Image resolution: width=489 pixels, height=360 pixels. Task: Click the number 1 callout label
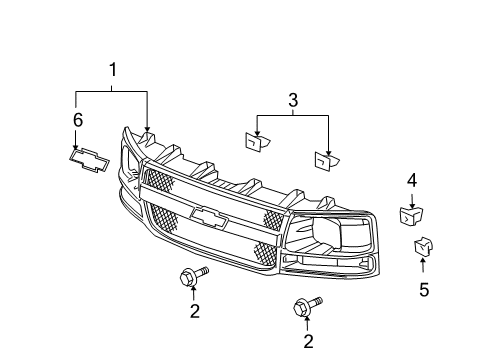(113, 70)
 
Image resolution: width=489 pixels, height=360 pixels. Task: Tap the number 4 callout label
(411, 181)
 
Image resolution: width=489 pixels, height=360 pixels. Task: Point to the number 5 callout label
(423, 291)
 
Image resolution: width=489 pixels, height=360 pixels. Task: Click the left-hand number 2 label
(194, 312)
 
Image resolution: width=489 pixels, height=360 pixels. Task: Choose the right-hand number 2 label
(308, 342)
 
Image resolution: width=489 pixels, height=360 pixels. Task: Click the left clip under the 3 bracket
(254, 144)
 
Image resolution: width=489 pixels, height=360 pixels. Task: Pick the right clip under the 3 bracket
(326, 158)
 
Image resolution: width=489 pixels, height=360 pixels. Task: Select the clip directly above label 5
(422, 246)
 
